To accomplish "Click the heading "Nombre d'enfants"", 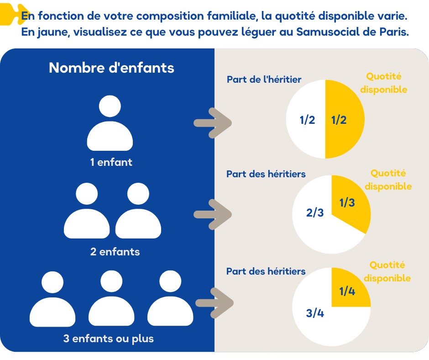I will pos(111,68).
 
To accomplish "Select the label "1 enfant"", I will pos(111,162).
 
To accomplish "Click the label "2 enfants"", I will pos(115,252).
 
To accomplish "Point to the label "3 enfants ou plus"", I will pos(108,339).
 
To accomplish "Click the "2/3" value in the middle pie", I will pos(314,212).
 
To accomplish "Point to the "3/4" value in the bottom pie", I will pos(315,313).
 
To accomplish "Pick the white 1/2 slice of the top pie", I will pos(306,120).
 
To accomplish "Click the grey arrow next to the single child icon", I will pos(213,122).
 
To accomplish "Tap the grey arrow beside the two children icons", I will pos(213,214).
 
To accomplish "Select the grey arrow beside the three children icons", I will pos(214,302).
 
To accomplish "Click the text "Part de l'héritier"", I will pos(264,79).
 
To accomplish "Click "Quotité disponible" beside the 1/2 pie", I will pos(384,83).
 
